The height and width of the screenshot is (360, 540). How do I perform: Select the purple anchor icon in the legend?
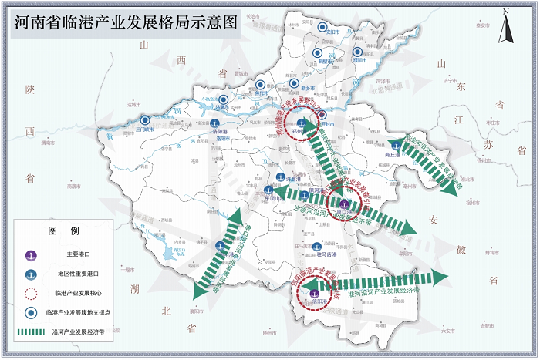(31, 254)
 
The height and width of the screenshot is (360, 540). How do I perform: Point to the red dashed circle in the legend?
(31, 293)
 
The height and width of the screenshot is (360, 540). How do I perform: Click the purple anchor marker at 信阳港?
(314, 292)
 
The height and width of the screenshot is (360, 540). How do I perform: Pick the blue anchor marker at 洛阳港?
(218, 123)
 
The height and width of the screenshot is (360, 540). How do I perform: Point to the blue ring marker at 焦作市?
(262, 84)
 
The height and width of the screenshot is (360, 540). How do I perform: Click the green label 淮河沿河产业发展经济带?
(383, 292)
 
